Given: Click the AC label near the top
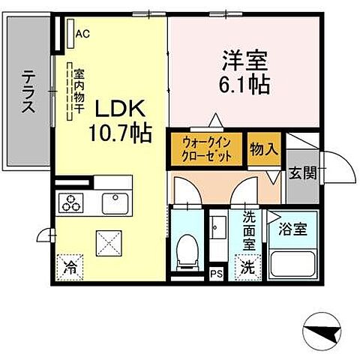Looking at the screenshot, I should tap(82, 34).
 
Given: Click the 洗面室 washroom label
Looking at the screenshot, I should tap(248, 232).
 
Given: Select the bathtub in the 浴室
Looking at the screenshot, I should tap(293, 263).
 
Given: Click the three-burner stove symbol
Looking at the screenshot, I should tap(73, 202).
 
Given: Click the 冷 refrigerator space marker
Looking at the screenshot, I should tap(70, 265).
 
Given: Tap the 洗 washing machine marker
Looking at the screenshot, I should tap(247, 265).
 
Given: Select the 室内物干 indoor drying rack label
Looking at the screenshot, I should tap(78, 92).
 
